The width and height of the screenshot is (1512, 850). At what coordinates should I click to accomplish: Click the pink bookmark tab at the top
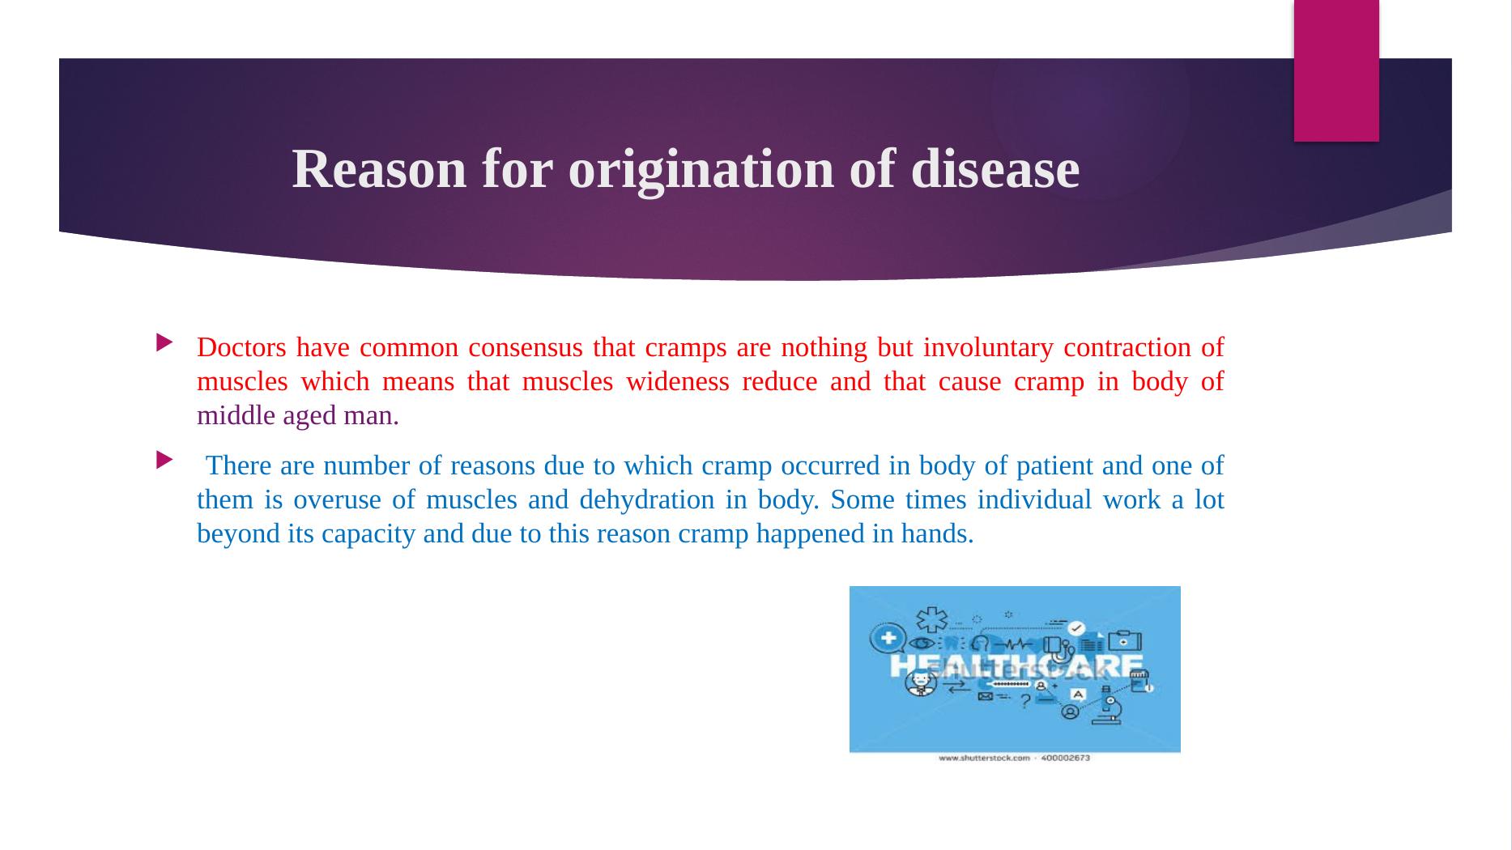pos(1336,70)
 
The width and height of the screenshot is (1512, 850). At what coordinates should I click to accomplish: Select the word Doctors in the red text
pos(241,347)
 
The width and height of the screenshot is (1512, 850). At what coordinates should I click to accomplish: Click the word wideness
pos(678,381)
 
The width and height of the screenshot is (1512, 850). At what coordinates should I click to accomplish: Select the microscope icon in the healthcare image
pos(1110,709)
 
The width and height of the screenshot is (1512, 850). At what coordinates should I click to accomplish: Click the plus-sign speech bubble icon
pos(888,639)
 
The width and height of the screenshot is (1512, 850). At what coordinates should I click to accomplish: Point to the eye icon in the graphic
pos(922,644)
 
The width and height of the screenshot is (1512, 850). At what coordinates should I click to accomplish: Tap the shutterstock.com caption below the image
pos(1014,759)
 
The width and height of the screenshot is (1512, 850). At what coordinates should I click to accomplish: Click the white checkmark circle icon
pos(1076,628)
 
